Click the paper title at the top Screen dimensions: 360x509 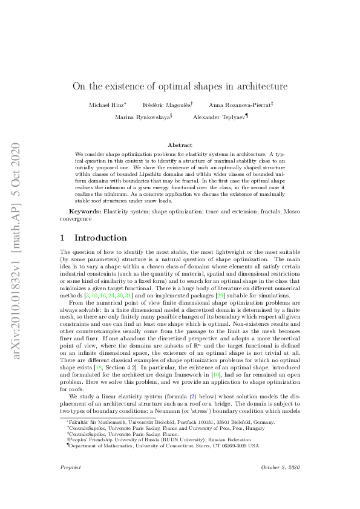(x=180, y=86)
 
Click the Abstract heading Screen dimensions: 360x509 (x=180, y=145)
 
